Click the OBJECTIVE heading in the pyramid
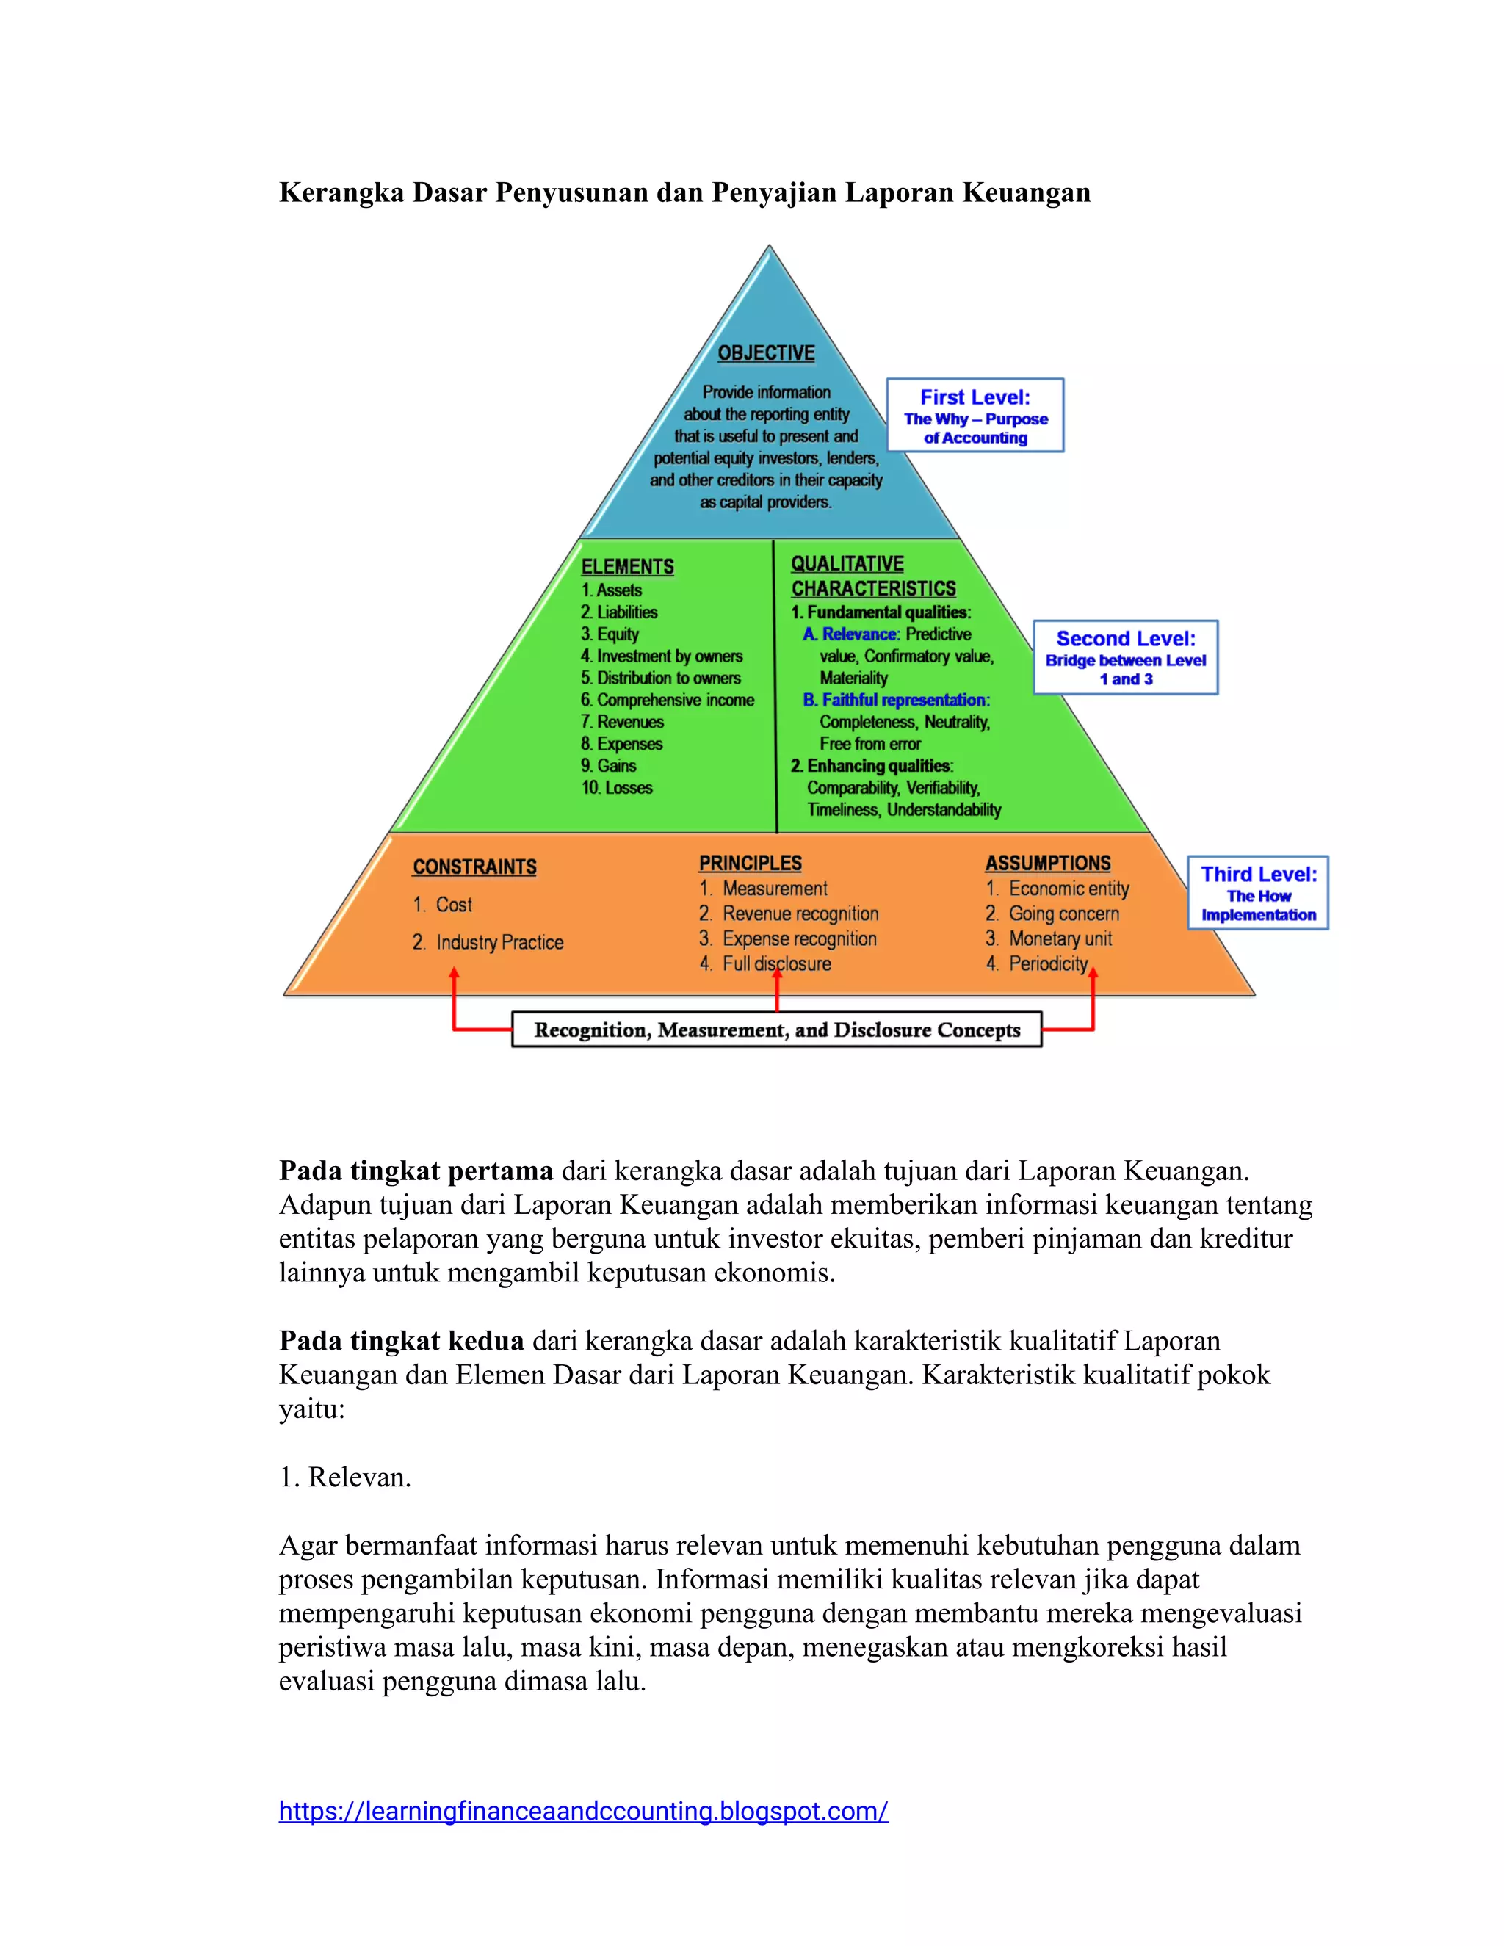point(766,352)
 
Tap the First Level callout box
point(975,415)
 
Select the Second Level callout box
point(1125,657)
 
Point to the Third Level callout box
point(1257,893)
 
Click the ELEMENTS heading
point(627,567)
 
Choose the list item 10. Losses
point(617,788)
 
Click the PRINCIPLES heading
point(751,863)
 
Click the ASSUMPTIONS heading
point(1048,863)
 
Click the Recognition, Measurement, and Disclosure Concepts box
point(777,1030)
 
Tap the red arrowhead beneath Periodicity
point(1093,974)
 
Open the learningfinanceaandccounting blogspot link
point(584,1812)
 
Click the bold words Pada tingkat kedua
point(401,1341)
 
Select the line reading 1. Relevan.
point(345,1477)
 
